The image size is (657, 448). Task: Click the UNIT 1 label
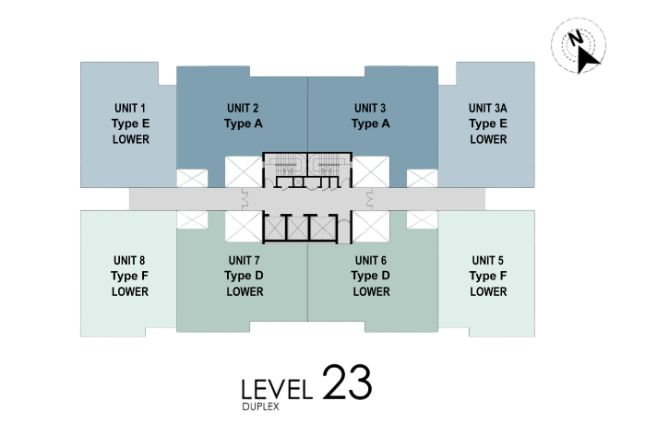pyautogui.click(x=130, y=108)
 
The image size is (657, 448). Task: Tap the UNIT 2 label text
pyautogui.click(x=244, y=108)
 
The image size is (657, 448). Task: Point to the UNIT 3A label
pyautogui.click(x=487, y=108)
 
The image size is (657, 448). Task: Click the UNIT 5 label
pyautogui.click(x=487, y=261)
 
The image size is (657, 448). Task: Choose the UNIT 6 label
pyautogui.click(x=371, y=261)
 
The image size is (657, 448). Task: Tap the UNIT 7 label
pyautogui.click(x=244, y=261)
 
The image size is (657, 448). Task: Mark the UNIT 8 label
pyautogui.click(x=130, y=261)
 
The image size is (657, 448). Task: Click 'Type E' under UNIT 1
pyautogui.click(x=130, y=124)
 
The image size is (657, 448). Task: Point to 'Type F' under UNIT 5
pyautogui.click(x=487, y=277)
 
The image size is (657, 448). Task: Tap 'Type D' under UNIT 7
pyautogui.click(x=244, y=277)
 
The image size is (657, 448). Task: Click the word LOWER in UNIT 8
pyautogui.click(x=130, y=292)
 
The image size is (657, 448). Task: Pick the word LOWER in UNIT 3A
pyautogui.click(x=487, y=139)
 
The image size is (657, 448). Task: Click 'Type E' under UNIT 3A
pyautogui.click(x=487, y=124)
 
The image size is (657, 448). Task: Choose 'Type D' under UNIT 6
pyautogui.click(x=371, y=277)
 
